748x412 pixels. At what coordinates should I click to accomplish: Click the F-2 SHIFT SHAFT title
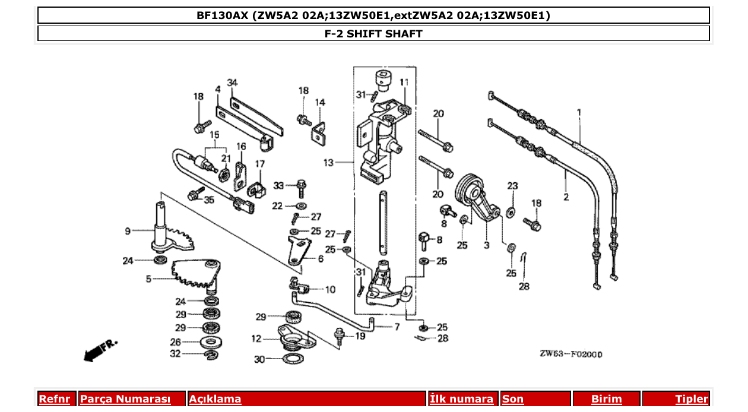373,34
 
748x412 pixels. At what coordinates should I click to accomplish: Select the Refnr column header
54,399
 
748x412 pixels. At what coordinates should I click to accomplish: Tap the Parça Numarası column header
125,399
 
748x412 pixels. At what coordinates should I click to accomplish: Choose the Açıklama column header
215,399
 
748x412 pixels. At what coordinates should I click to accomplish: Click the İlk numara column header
461,399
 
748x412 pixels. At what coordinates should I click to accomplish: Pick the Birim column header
606,399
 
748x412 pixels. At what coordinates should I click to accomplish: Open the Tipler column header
692,399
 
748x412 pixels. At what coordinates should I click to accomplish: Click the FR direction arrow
100,350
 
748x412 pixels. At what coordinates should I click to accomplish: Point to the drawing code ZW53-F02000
570,354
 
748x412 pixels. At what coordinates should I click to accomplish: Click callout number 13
329,162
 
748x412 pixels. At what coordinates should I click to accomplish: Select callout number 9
128,231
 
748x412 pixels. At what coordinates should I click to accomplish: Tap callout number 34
232,82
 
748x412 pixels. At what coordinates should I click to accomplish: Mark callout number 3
486,245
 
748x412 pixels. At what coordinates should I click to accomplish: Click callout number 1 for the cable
579,112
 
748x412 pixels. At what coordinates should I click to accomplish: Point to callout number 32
175,354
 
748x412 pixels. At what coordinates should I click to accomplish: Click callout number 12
256,339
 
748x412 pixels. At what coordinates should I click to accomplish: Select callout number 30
259,359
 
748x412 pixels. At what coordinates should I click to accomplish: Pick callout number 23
512,186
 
